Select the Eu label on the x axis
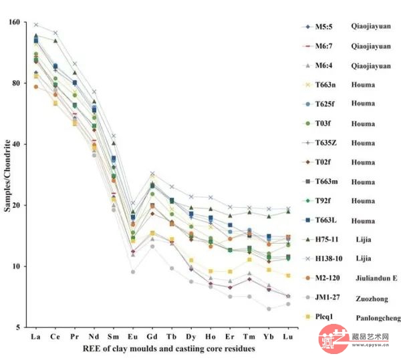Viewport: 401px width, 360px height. point(133,338)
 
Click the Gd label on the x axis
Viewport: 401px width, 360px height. point(152,338)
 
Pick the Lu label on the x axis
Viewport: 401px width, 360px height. point(288,338)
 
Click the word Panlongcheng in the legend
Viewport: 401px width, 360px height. point(376,318)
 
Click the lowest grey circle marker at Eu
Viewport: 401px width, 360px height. point(133,272)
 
